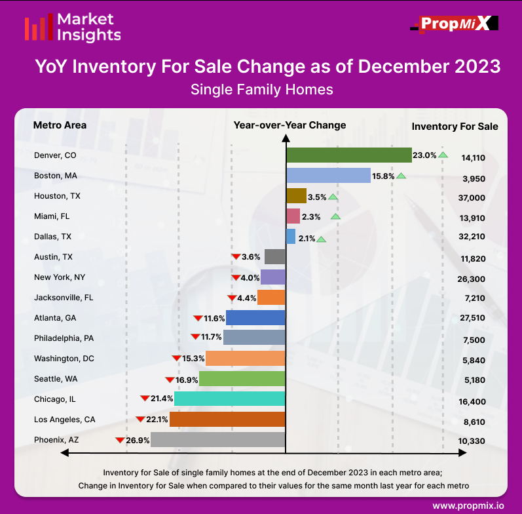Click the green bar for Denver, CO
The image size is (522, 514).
click(348, 155)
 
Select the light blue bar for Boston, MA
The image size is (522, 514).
click(328, 176)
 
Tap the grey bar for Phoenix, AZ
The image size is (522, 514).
click(217, 440)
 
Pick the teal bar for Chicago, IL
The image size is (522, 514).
click(229, 399)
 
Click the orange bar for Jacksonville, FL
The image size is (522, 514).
click(271, 298)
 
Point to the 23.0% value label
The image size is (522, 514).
click(424, 155)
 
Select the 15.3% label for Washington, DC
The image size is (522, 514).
click(193, 359)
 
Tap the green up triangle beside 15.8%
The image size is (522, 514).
click(401, 175)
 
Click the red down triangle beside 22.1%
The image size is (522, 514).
click(140, 419)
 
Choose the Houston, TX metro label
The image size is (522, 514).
click(58, 196)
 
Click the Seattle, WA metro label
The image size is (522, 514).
click(56, 379)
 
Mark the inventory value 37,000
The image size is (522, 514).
click(472, 197)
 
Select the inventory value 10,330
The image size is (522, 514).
click(472, 441)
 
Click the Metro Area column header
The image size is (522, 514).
click(60, 125)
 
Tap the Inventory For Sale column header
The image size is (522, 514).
click(455, 127)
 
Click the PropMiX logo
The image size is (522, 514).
click(455, 24)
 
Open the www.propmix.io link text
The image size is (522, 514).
click(468, 505)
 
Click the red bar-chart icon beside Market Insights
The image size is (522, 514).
click(37, 28)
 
